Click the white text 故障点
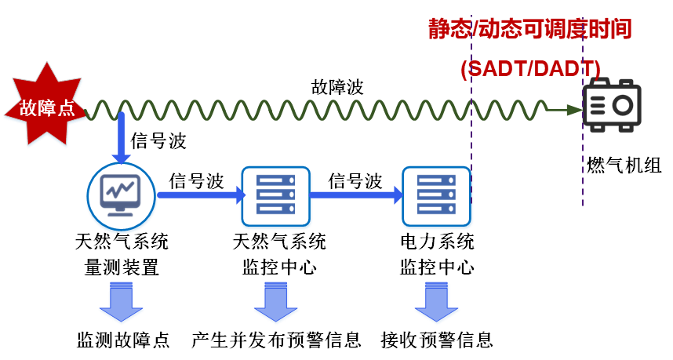point(47,108)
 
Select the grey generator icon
point(612,105)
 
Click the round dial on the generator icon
point(624,104)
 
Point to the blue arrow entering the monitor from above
point(121,137)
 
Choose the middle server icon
point(275,197)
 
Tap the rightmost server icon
point(436,197)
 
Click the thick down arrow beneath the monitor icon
point(122,302)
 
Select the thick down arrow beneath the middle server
point(276,302)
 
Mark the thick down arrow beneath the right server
point(437,302)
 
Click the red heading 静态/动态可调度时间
point(530,30)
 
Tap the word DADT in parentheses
point(562,69)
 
